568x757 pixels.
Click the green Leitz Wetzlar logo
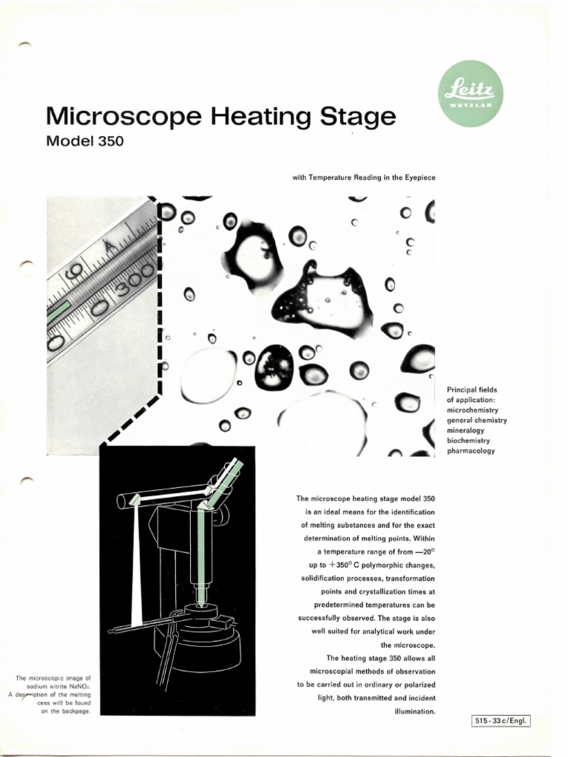point(470,94)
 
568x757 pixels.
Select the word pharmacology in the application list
point(471,451)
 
